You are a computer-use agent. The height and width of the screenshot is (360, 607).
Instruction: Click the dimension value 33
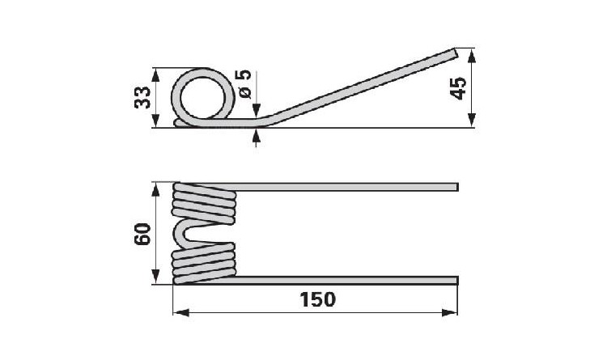click(142, 98)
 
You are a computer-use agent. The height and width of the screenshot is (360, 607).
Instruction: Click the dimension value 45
click(460, 89)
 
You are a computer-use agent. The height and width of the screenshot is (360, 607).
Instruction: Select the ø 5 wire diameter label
click(245, 84)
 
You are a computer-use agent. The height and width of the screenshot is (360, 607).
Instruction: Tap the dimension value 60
click(142, 234)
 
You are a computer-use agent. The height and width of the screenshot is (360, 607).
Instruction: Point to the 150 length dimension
click(318, 299)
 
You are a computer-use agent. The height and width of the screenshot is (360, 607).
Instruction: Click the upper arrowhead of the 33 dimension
click(155, 75)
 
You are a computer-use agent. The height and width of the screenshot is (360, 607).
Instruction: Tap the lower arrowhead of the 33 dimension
click(155, 121)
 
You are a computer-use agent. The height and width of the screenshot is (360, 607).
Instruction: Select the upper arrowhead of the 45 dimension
click(471, 56)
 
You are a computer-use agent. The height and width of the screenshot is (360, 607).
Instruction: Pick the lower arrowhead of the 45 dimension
click(471, 120)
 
